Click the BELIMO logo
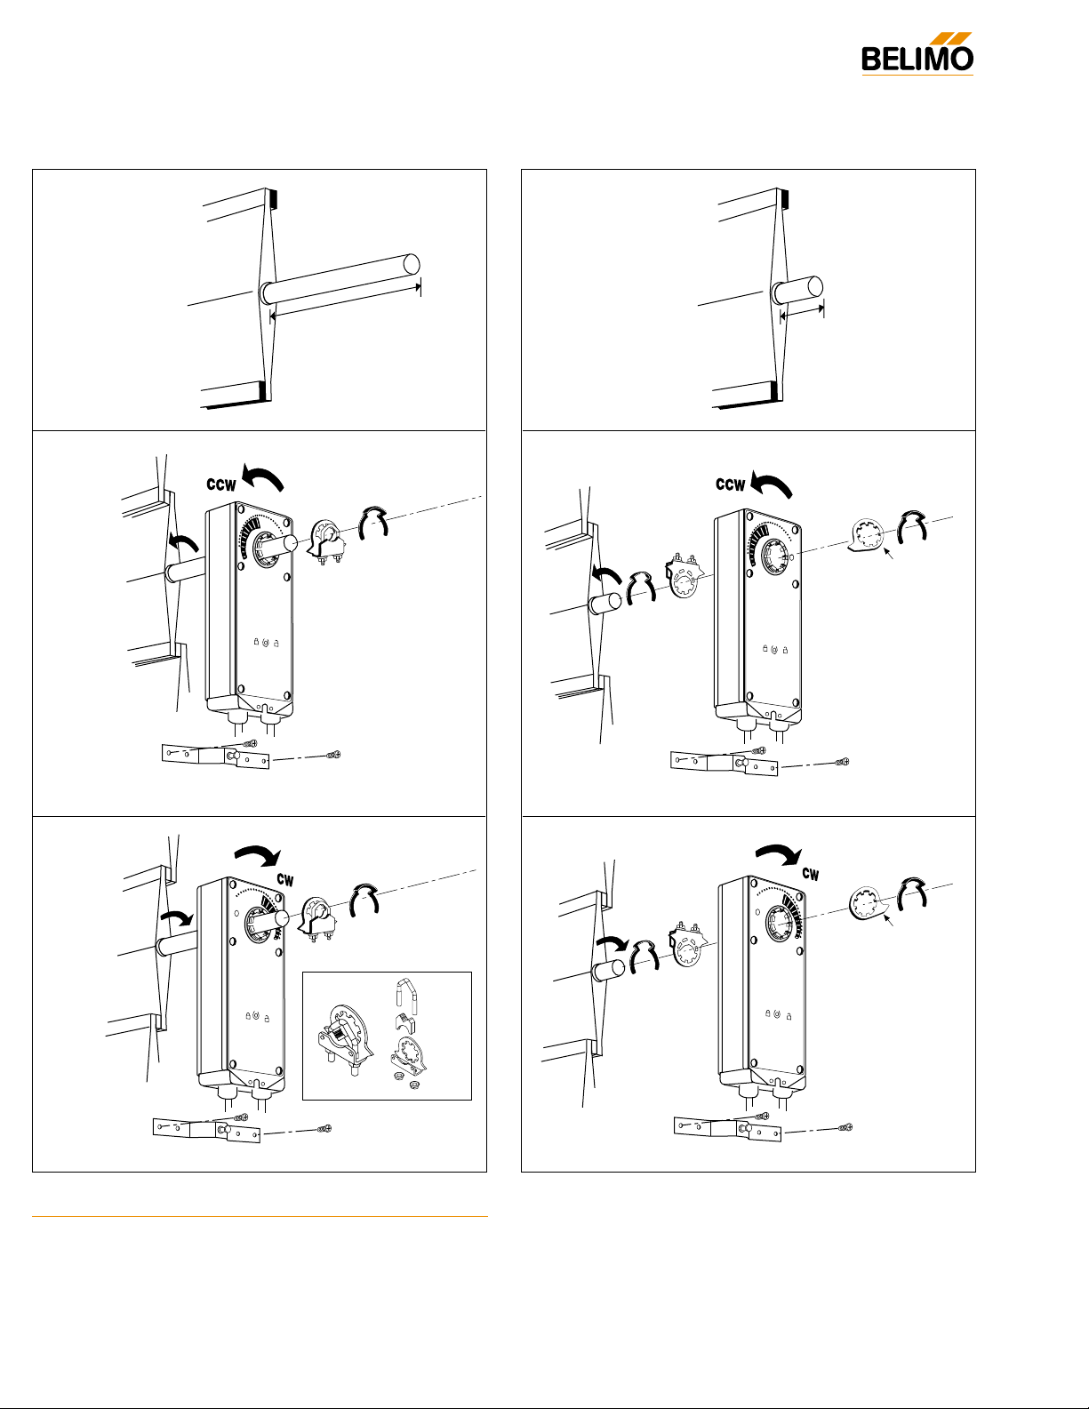point(917,54)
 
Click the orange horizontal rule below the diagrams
point(260,1216)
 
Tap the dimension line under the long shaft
point(346,300)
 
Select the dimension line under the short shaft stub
point(802,312)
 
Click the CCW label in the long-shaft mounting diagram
point(221,485)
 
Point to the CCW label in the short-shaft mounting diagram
point(731,484)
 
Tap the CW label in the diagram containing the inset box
point(285,880)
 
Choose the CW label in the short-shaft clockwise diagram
point(811,874)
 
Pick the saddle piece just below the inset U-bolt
point(405,1024)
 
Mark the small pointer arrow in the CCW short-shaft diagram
point(889,553)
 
